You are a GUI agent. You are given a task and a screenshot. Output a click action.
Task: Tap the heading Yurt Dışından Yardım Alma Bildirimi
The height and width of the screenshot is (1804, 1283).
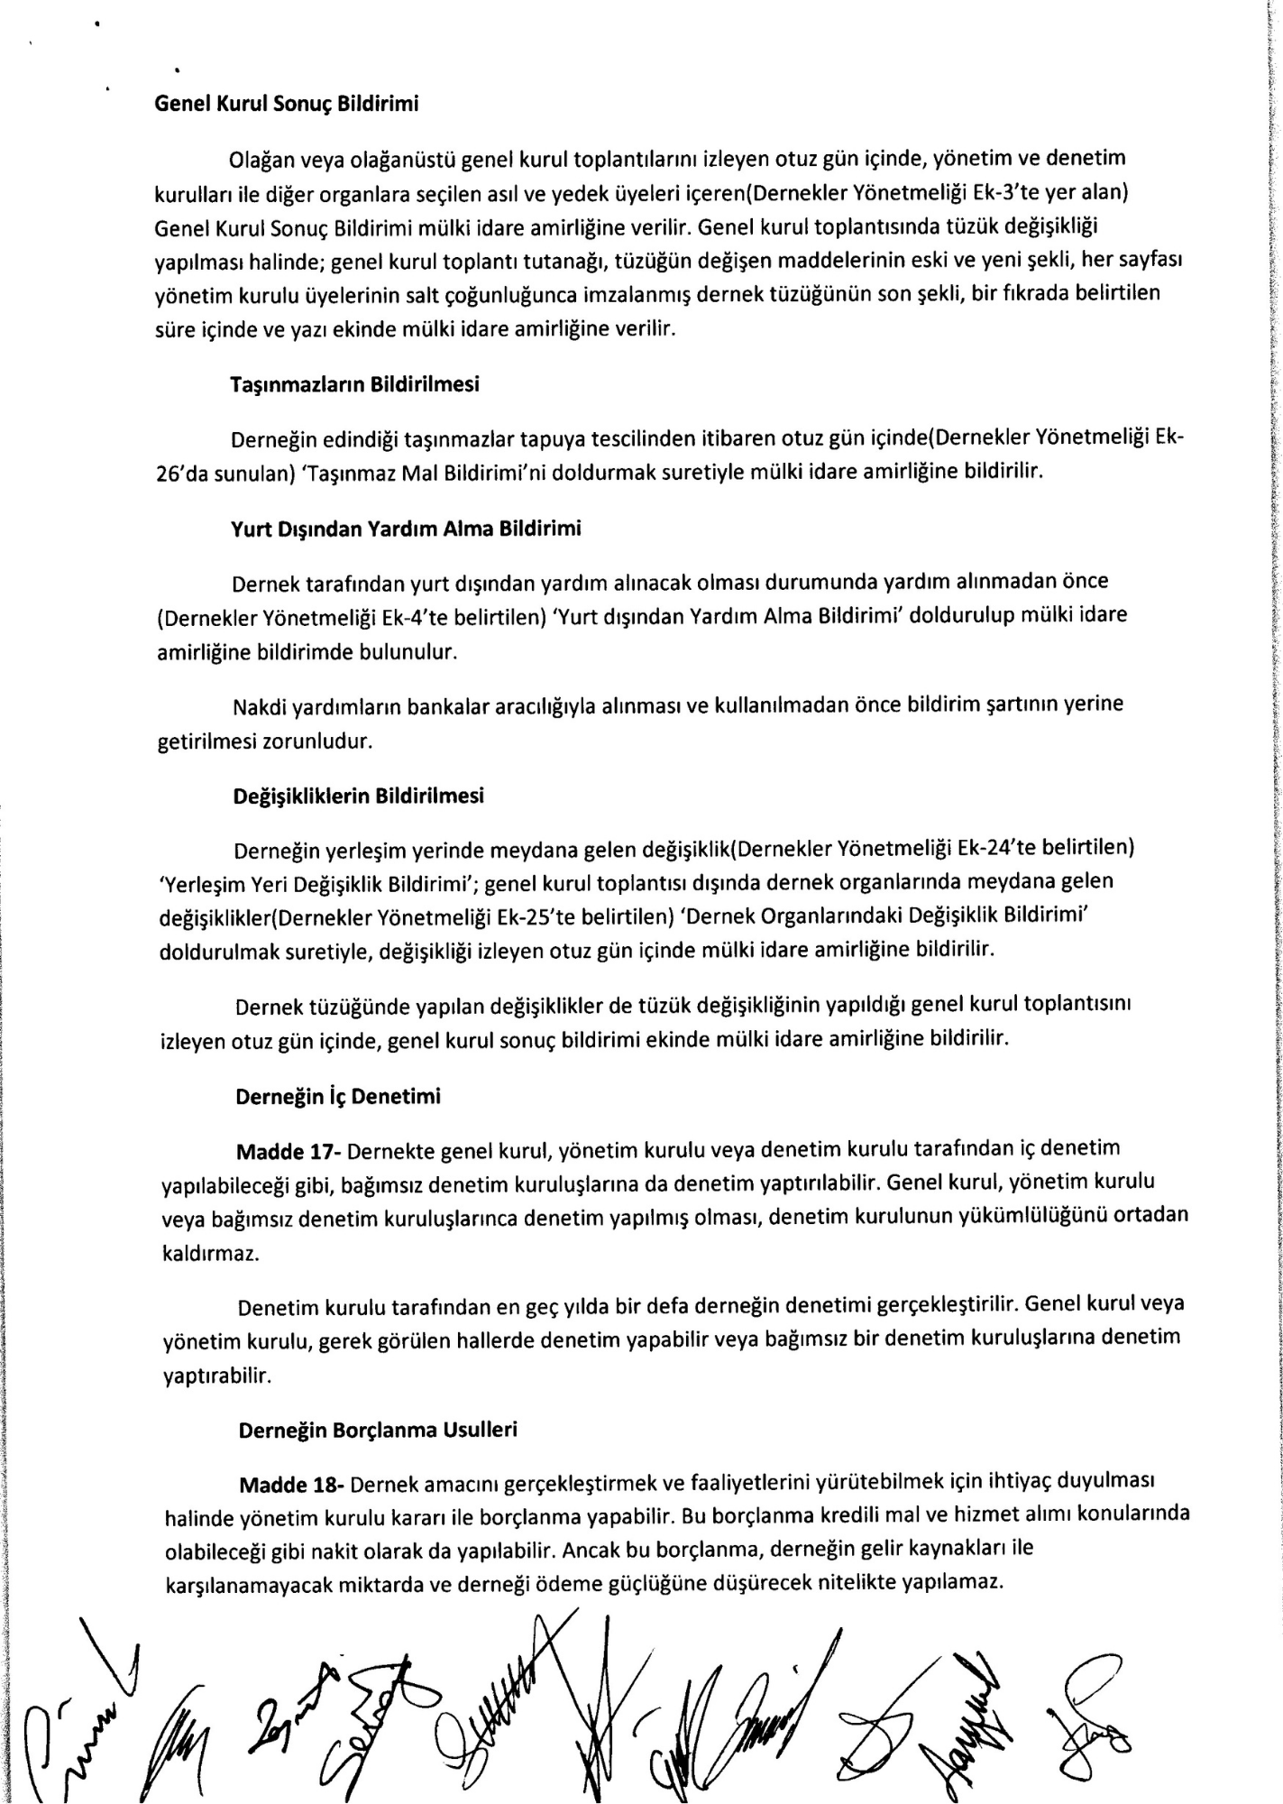pyautogui.click(x=407, y=529)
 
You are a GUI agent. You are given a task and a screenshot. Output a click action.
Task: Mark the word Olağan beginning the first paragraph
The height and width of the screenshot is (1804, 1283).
pyautogui.click(x=261, y=159)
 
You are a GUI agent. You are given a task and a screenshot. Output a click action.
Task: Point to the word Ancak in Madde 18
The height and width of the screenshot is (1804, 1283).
pyautogui.click(x=585, y=1551)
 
